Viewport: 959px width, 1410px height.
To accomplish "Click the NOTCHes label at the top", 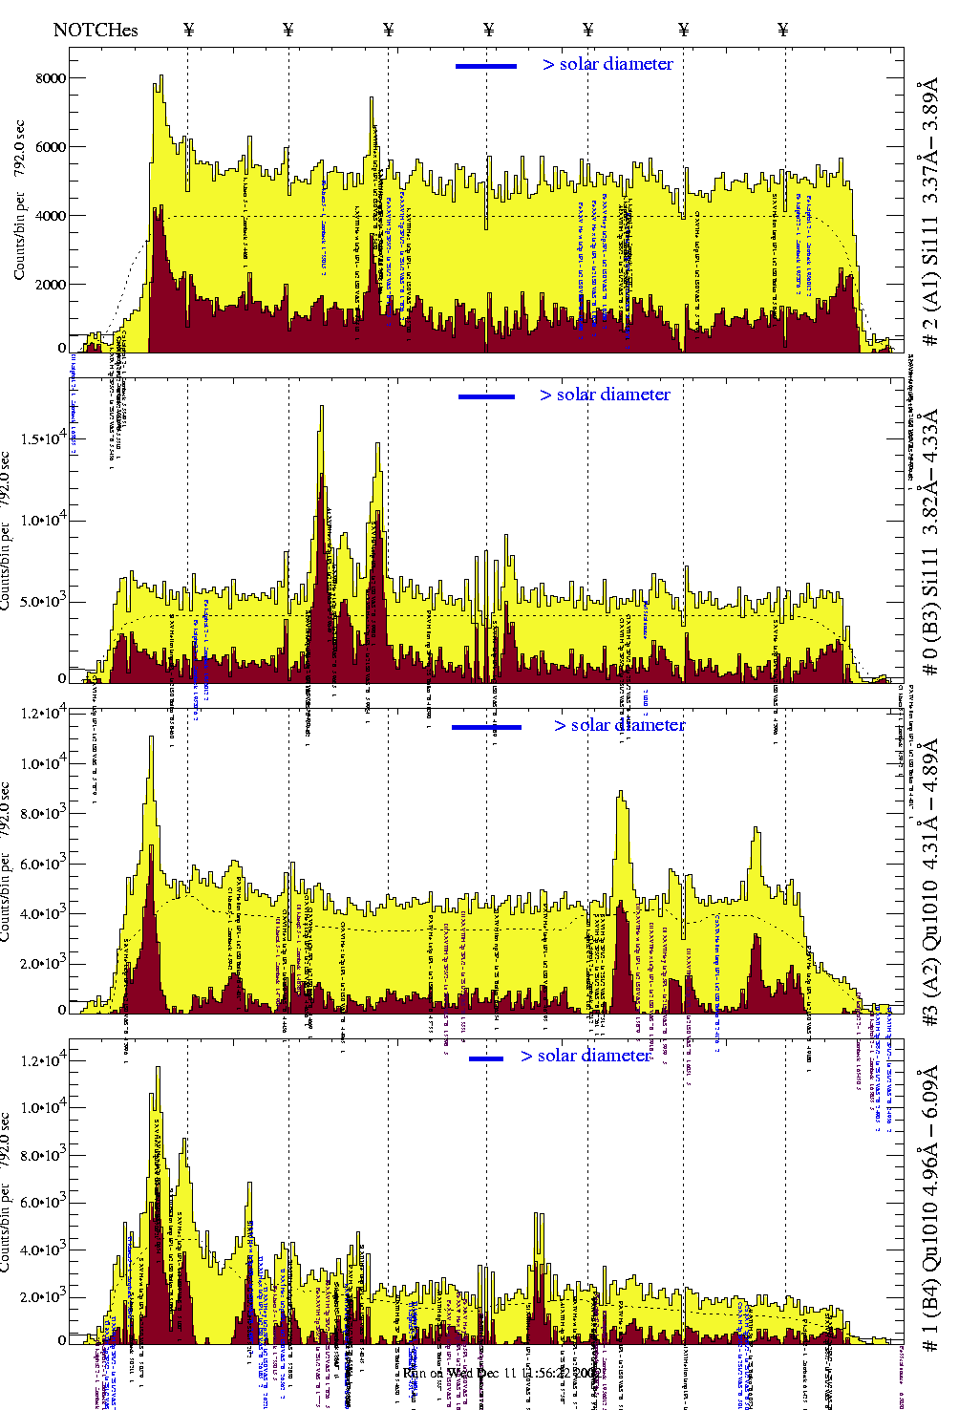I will pyautogui.click(x=96, y=30).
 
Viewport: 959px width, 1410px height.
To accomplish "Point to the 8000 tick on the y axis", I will pyautogui.click(x=51, y=78).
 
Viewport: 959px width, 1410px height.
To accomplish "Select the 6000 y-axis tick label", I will pyautogui.click(x=51, y=147).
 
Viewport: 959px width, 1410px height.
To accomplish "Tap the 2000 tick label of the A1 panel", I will pyautogui.click(x=51, y=285).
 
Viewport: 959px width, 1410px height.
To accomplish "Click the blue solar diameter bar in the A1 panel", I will pyautogui.click(x=486, y=66).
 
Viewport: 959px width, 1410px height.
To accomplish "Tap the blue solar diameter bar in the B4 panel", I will pyautogui.click(x=486, y=1058).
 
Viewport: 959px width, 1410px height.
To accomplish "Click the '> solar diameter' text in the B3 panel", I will pyautogui.click(x=605, y=395).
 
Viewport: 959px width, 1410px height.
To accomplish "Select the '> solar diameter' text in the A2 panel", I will pyautogui.click(x=619, y=725).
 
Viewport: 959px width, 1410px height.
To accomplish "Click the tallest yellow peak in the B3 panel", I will pyautogui.click(x=322, y=408).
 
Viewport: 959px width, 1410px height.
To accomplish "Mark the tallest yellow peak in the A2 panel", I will pyautogui.click(x=151, y=738).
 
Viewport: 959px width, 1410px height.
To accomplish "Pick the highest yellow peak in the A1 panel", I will pyautogui.click(x=160, y=78).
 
